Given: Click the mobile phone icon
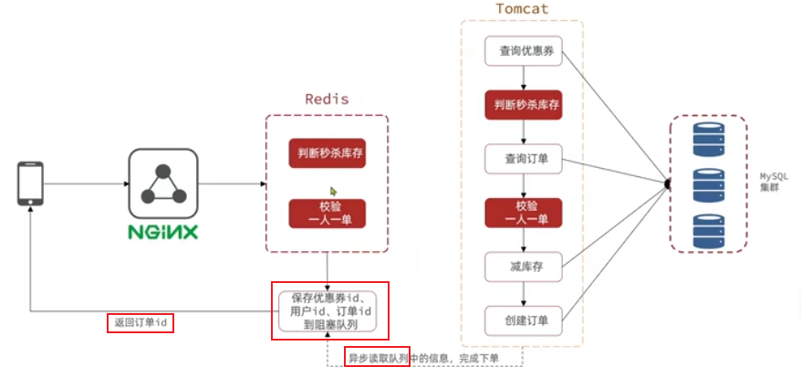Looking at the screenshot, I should pos(31,183).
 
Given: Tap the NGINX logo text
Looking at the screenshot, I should pos(163,231).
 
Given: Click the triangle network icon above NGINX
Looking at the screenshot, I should pos(163,183).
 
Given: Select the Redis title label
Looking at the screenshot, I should pos(327,99).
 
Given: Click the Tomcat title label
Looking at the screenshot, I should pos(522,10).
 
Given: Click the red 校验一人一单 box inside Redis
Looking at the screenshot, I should pos(327,213).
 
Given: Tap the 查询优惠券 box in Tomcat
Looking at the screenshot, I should pos(522,51).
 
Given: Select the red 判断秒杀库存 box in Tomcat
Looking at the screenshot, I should pos(522,105).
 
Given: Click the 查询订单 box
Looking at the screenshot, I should pos(522,159).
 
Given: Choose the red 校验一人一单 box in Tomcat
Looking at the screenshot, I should pos(522,213).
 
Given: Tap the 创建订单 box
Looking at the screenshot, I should pos(522,320).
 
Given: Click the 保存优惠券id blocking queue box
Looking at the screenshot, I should pos(330,310).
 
